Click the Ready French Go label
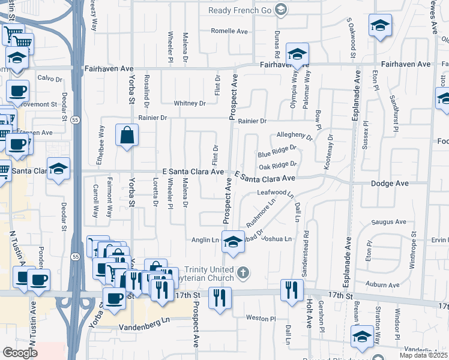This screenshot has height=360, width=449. click(240, 10)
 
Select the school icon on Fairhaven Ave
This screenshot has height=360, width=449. click(297, 56)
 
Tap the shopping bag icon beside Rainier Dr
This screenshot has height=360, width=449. click(128, 137)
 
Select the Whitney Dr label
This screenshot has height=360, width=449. click(190, 103)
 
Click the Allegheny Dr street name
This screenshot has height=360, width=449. click(295, 136)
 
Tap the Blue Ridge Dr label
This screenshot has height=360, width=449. click(277, 151)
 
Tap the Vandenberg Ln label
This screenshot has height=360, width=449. click(125, 327)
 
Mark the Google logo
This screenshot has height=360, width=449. click(20, 353)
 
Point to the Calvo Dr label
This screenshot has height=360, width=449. click(50, 79)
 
